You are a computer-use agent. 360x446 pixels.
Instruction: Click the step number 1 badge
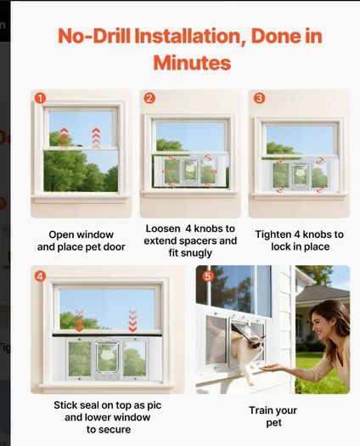coord(40,99)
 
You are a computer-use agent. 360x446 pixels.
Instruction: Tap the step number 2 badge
coord(149,99)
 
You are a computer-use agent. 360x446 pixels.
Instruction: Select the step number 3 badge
coord(259,99)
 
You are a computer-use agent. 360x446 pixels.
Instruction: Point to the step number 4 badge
coord(40,276)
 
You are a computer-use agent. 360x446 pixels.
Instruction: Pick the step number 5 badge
coord(208,276)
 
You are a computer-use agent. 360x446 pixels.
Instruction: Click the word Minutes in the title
coord(192,63)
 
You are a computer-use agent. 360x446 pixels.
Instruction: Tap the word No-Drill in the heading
coord(94,36)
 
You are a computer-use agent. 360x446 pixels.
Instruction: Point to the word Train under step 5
coord(259,410)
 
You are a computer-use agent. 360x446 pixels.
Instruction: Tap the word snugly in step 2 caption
coord(190,253)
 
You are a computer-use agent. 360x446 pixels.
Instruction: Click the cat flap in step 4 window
coord(108,358)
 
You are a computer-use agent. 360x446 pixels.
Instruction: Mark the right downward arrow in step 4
coord(132,320)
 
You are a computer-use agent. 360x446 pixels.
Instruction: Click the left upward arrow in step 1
coord(65,138)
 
